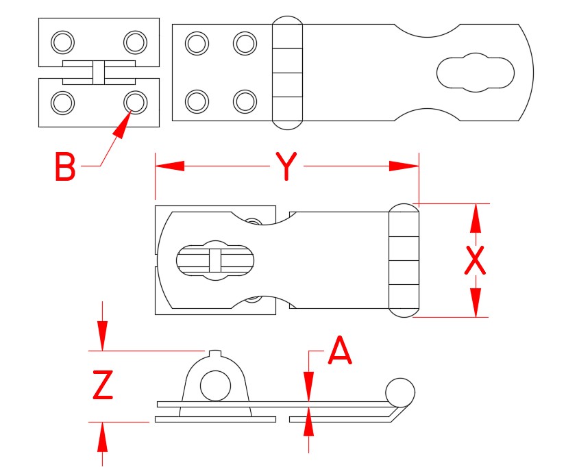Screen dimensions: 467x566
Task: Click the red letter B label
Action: pyautogui.click(x=65, y=167)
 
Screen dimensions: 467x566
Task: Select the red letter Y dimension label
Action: pyautogui.click(x=286, y=167)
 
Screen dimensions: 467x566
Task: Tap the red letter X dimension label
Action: pyautogui.click(x=475, y=260)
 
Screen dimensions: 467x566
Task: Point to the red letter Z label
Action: pyautogui.click(x=103, y=386)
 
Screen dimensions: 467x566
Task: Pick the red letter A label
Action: pyautogui.click(x=340, y=352)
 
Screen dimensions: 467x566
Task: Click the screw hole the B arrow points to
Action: pyautogui.click(x=134, y=103)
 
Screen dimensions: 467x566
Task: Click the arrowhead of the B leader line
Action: pyautogui.click(x=122, y=126)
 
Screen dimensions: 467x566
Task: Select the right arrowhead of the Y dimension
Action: pyautogui.click(x=404, y=166)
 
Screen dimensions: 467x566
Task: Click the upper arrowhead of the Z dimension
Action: pyautogui.click(x=102, y=336)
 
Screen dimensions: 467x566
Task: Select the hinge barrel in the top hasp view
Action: pyautogui.click(x=288, y=72)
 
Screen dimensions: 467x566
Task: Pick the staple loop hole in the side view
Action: pyautogui.click(x=215, y=386)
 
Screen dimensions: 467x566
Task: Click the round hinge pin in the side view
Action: pyautogui.click(x=400, y=392)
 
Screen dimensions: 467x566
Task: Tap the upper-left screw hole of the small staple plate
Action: pyautogui.click(x=63, y=42)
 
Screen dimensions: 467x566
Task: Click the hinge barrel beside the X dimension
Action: pyautogui.click(x=404, y=260)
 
